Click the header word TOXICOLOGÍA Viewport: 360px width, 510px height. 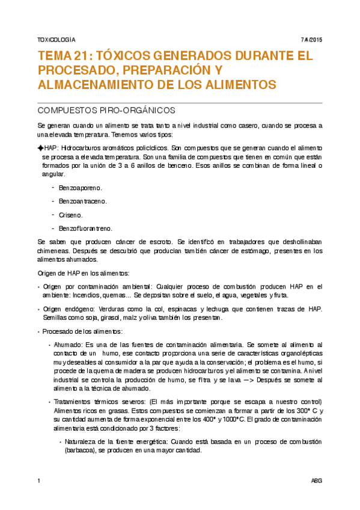pos(56,40)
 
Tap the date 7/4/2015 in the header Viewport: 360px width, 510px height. pos(311,40)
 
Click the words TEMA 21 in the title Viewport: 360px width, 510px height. pos(62,57)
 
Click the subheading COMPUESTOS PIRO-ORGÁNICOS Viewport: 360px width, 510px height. pos(106,111)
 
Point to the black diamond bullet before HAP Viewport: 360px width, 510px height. pos(40,147)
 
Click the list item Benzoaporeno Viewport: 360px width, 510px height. pos(80,188)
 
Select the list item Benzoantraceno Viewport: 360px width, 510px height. pos(82,201)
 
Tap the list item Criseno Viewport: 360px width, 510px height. pos(71,214)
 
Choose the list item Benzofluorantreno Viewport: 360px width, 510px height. pos(85,228)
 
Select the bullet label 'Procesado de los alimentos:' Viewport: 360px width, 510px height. pos(82,331)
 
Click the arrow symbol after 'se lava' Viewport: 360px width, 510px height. pos(231,381)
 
